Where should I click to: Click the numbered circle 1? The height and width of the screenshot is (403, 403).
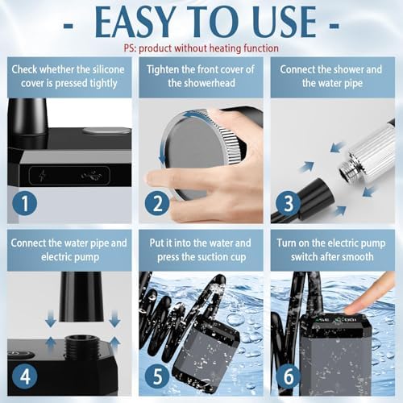coord(25,203)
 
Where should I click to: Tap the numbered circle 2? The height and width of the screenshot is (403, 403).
coord(157,203)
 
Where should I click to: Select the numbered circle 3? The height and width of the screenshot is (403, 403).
coord(288,203)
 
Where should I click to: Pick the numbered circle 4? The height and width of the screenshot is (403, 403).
coord(25,376)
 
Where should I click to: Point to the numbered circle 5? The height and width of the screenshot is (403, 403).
coord(157,376)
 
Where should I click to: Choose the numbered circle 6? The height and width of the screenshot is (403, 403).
coord(288,376)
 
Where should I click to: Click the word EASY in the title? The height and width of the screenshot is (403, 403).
coord(135,22)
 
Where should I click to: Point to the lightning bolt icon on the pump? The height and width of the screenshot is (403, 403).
coord(43,176)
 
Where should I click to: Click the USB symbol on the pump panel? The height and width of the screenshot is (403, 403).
coord(92,176)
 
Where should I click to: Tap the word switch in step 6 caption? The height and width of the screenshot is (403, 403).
coord(306,257)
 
